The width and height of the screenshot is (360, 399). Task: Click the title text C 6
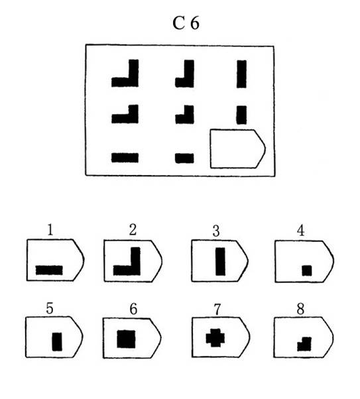[x=186, y=23]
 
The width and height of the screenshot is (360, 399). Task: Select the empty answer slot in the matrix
[x=237, y=149]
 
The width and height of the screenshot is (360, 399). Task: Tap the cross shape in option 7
[x=215, y=337]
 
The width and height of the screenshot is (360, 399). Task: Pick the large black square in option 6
[x=126, y=339]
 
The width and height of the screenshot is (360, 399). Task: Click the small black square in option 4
[x=307, y=270]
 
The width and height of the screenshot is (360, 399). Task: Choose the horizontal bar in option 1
[x=49, y=270]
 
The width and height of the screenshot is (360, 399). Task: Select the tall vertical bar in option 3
[x=221, y=262]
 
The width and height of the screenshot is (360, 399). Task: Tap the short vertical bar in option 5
[x=57, y=342]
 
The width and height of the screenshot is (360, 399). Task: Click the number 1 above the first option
[x=50, y=230]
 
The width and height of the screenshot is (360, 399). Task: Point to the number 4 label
[x=301, y=231]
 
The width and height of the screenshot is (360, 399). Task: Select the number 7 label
[x=217, y=310]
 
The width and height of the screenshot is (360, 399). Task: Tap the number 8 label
[x=300, y=309]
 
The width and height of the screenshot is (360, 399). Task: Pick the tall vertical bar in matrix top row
[x=241, y=74]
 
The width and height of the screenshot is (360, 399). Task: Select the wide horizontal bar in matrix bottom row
[x=125, y=158]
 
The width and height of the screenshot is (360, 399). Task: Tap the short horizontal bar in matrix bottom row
[x=184, y=158]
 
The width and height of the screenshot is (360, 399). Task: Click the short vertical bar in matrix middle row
[x=241, y=115]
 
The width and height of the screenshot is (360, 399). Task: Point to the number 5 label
[x=50, y=308]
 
